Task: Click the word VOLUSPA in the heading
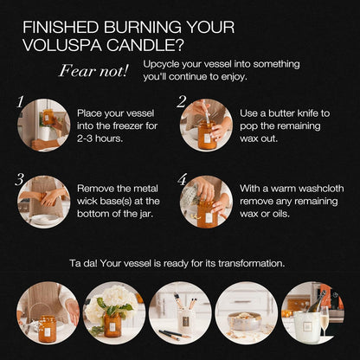point(62,45)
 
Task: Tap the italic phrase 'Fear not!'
point(93,71)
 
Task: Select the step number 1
point(20,102)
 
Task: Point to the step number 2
point(182,102)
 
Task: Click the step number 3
point(19,179)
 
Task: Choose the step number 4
point(183,179)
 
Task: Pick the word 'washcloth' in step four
point(321,189)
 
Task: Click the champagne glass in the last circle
point(325,321)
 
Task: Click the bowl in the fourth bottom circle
point(245,320)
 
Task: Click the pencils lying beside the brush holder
point(174,334)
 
